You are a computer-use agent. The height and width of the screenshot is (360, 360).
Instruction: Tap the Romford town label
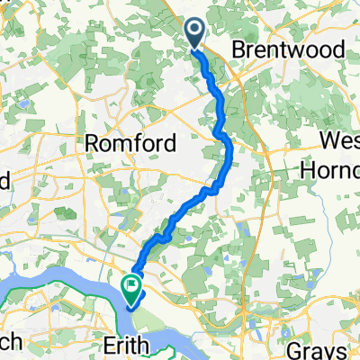pyautogui.click(x=124, y=144)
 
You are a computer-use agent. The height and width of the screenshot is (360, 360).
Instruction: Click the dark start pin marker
pyautogui.click(x=195, y=32)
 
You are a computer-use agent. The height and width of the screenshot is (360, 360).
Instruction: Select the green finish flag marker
pyautogui.click(x=132, y=289)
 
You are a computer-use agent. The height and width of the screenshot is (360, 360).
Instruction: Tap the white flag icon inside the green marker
pyautogui.click(x=132, y=289)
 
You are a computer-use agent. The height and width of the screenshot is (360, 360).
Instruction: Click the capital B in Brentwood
pyautogui.click(x=238, y=51)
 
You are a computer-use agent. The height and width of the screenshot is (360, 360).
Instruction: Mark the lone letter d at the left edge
pyautogui.click(x=4, y=179)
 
